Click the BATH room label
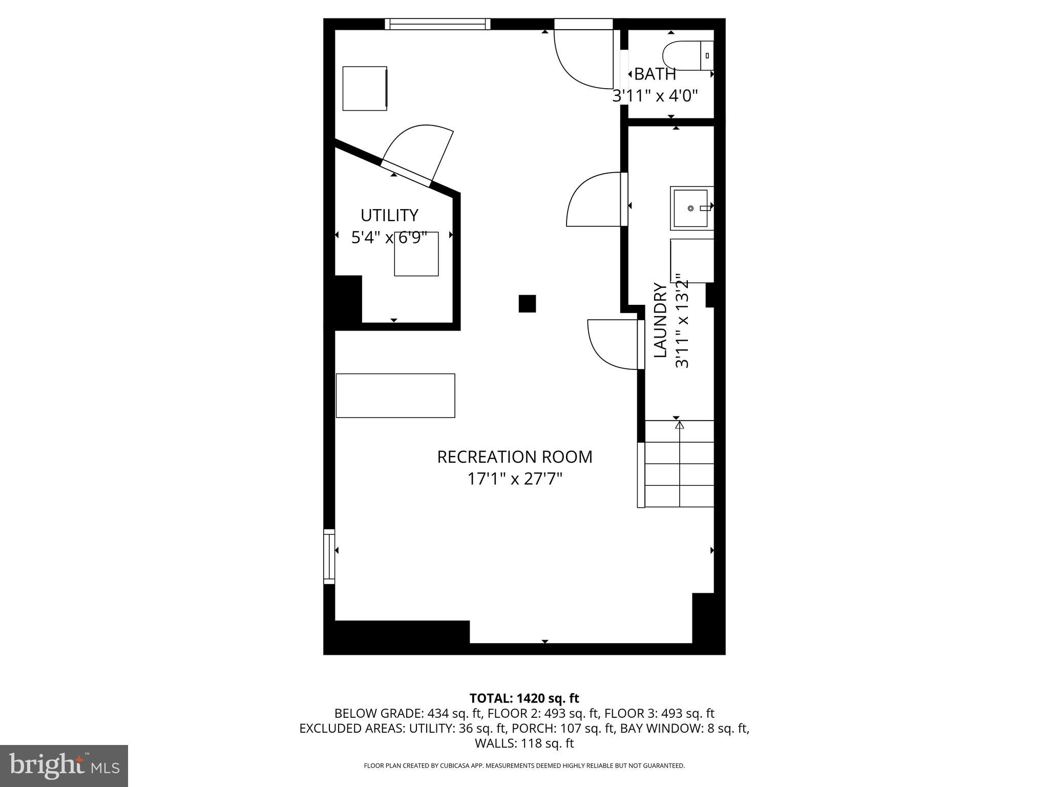click(x=655, y=74)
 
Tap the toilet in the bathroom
click(x=686, y=56)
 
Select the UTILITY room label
click(x=389, y=215)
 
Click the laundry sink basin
click(x=690, y=208)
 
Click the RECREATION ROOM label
click(x=514, y=457)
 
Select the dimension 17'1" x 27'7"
click(x=514, y=480)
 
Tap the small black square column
click(x=527, y=303)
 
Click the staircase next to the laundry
click(x=679, y=464)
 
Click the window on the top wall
click(x=437, y=24)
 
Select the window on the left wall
click(x=329, y=556)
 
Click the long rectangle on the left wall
click(x=395, y=396)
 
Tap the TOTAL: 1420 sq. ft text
click(x=524, y=698)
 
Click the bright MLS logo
click(x=64, y=766)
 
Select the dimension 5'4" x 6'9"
click(x=389, y=238)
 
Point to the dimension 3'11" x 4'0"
click(x=655, y=96)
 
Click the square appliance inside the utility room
click(x=416, y=254)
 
